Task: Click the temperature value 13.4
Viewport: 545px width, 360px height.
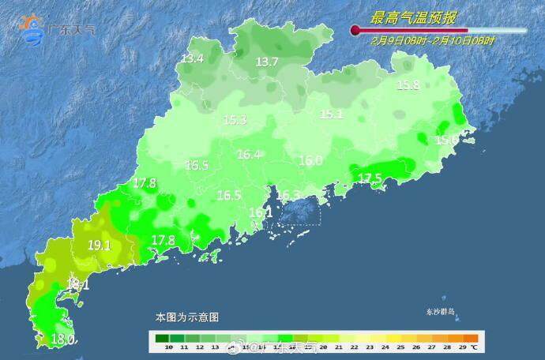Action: (192, 58)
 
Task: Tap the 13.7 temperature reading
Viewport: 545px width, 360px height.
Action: (267, 62)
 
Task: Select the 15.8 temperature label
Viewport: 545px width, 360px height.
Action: (408, 85)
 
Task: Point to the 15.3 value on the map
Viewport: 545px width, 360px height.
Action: (235, 120)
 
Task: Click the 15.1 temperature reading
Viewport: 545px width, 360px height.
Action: (331, 114)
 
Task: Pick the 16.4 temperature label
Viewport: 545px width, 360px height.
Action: (249, 155)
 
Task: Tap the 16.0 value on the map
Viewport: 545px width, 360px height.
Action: (310, 160)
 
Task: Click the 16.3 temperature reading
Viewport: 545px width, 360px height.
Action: (288, 195)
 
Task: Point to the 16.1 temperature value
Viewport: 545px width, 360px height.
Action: (261, 212)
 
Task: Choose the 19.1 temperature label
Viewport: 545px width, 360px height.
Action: (99, 246)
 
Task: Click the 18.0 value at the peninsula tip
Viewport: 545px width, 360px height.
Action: (62, 339)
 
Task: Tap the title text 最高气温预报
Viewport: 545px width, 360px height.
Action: (415, 17)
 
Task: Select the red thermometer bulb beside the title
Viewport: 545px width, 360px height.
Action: (356, 31)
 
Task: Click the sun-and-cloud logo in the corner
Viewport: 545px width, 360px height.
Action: (33, 29)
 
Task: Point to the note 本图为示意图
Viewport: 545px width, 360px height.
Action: (186, 317)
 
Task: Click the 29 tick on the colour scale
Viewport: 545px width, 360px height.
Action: (462, 347)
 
